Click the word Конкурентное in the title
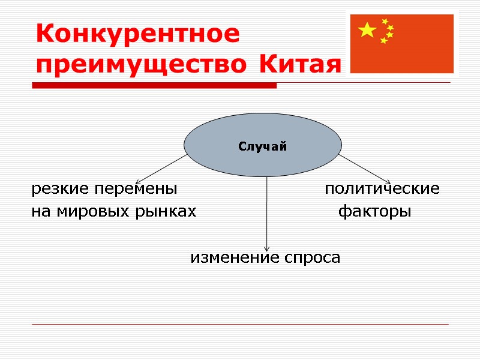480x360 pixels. (x=137, y=34)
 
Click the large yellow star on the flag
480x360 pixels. (x=367, y=29)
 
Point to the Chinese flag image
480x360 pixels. (x=401, y=43)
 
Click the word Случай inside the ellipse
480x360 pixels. (x=263, y=146)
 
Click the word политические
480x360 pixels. (x=382, y=190)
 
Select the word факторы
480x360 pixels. (x=375, y=212)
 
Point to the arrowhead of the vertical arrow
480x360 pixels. (x=266, y=248)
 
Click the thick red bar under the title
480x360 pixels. (x=155, y=86)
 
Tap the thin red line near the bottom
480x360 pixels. (x=240, y=325)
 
